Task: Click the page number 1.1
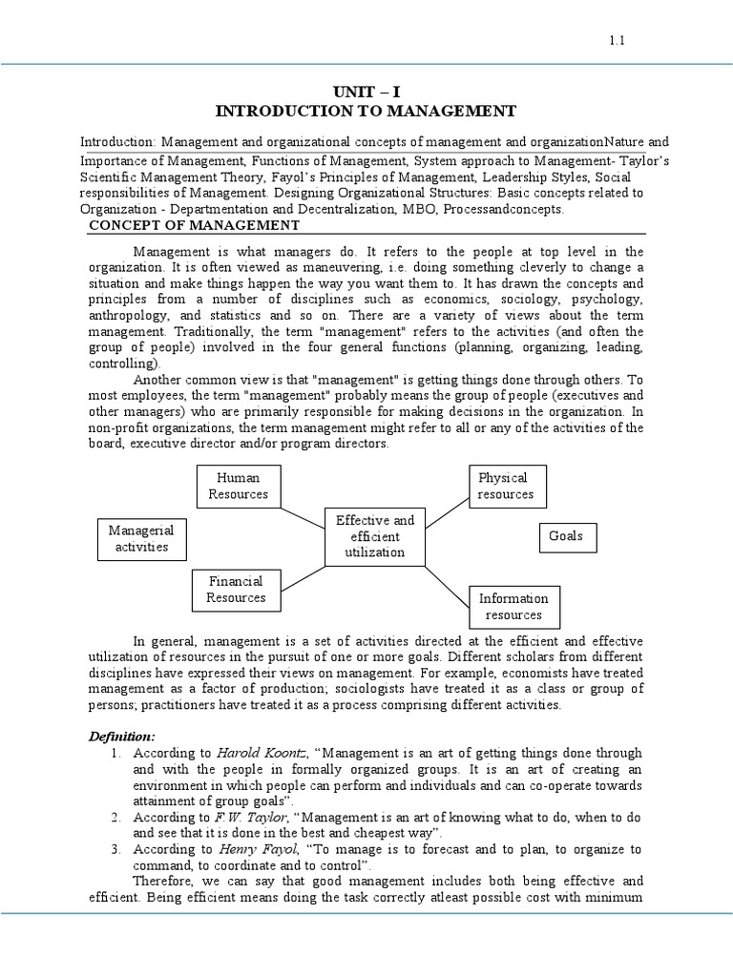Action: point(616,40)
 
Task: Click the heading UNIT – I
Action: point(366,93)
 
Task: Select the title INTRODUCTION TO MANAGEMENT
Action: point(366,112)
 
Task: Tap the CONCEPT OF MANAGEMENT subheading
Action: point(194,225)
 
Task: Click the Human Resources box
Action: point(238,486)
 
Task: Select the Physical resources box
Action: point(506,486)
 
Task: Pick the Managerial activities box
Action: point(141,538)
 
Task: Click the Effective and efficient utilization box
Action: point(375,536)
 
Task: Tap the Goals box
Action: point(566,536)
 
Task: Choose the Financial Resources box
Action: point(236,589)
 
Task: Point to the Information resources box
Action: point(513,607)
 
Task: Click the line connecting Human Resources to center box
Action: point(304,512)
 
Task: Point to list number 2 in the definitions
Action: point(115,818)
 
